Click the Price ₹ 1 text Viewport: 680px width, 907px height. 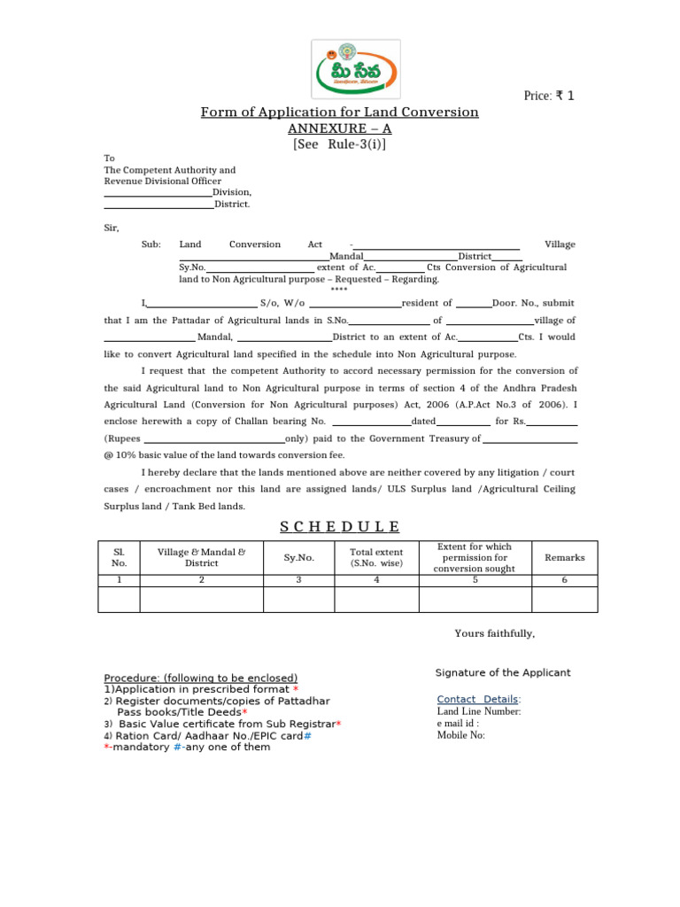tap(549, 96)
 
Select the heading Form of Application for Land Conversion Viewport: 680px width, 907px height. tap(339, 112)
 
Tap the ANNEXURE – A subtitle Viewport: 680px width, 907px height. tap(339, 128)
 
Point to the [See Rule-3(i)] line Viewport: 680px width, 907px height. tap(339, 144)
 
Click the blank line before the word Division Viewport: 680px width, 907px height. tap(158, 193)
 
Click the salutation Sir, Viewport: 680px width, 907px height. tap(112, 228)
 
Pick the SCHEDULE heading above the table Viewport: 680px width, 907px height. tap(340, 527)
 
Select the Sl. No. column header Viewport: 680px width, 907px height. tap(119, 557)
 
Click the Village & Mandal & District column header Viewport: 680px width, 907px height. tap(201, 557)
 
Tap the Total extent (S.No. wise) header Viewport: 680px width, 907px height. tap(375, 557)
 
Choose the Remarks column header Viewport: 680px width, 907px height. tap(564, 558)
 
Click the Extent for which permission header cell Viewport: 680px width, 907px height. tap(475, 558)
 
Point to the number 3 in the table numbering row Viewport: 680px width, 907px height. tap(298, 580)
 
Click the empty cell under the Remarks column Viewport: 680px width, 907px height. tap(564, 600)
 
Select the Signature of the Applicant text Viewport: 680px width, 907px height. tap(503, 673)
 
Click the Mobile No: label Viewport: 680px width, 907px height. tap(461, 735)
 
